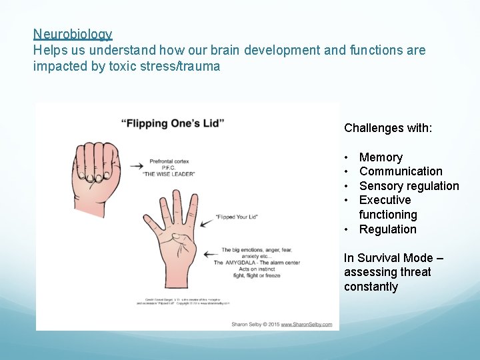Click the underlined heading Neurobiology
click(x=73, y=34)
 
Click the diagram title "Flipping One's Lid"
click(x=173, y=123)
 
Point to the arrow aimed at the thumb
click(x=211, y=254)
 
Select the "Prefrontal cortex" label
click(x=171, y=161)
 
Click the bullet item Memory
click(x=381, y=157)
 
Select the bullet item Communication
click(x=401, y=171)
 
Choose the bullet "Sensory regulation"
click(x=409, y=186)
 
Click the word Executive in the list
click(x=385, y=200)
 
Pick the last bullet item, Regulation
click(x=387, y=229)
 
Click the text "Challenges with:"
click(x=388, y=128)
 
